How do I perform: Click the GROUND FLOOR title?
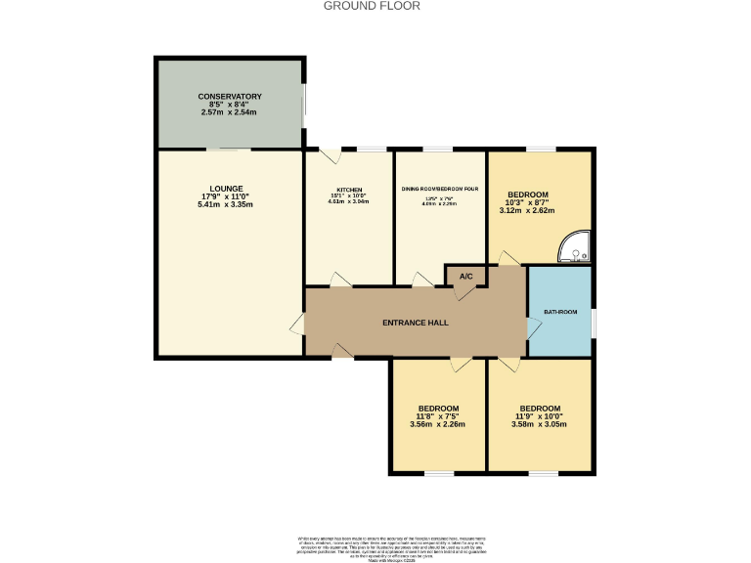(x=372, y=6)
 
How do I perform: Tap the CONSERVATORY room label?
(x=230, y=97)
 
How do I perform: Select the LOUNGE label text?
(x=226, y=189)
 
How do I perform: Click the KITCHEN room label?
(x=349, y=190)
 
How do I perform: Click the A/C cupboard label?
(x=466, y=277)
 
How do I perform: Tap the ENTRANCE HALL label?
(x=415, y=323)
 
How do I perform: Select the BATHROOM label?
(x=560, y=312)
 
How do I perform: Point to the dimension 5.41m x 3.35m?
(x=226, y=204)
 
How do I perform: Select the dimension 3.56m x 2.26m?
(x=438, y=424)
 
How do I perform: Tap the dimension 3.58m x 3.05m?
(x=540, y=424)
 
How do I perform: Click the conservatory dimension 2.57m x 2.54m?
(x=230, y=112)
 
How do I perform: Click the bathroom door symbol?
(x=532, y=328)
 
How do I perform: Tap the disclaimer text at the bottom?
(x=375, y=546)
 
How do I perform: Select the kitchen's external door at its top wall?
(x=329, y=153)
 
